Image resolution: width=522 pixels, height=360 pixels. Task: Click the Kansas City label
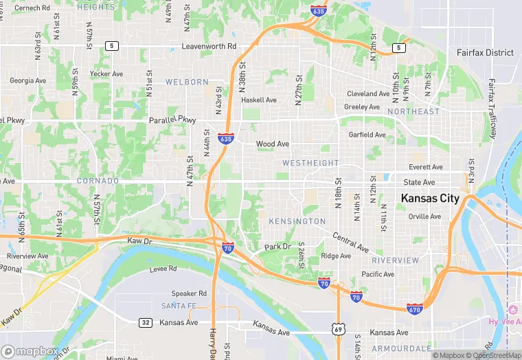pos(430,199)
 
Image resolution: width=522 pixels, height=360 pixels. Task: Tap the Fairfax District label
pos(485,53)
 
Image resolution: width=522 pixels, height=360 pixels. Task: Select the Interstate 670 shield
pos(414,308)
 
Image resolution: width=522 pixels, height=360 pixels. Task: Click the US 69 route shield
pos(338,330)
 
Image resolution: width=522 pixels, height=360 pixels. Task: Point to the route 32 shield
pos(145,322)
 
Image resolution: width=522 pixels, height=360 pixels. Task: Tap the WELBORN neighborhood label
pos(187,82)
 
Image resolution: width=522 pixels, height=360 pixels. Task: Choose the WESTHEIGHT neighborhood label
pos(310,163)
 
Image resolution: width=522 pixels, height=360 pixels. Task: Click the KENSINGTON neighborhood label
pos(297,221)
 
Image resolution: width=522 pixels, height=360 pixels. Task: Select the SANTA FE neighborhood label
pos(180,305)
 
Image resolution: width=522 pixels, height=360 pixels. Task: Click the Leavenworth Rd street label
pos(209,47)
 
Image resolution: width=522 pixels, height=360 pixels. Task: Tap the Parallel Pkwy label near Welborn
pos(172,120)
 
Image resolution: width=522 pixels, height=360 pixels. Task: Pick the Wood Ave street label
pos(273,144)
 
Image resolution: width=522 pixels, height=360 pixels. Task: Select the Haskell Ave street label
pos(258,100)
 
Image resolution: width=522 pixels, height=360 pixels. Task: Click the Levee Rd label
pos(162,269)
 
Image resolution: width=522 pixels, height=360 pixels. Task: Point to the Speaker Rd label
pos(189,293)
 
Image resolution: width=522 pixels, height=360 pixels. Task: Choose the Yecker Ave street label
pos(106,74)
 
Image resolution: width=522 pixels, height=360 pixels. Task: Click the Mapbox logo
pos(30,351)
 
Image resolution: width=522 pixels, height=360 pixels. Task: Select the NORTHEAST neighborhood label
pos(413,111)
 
